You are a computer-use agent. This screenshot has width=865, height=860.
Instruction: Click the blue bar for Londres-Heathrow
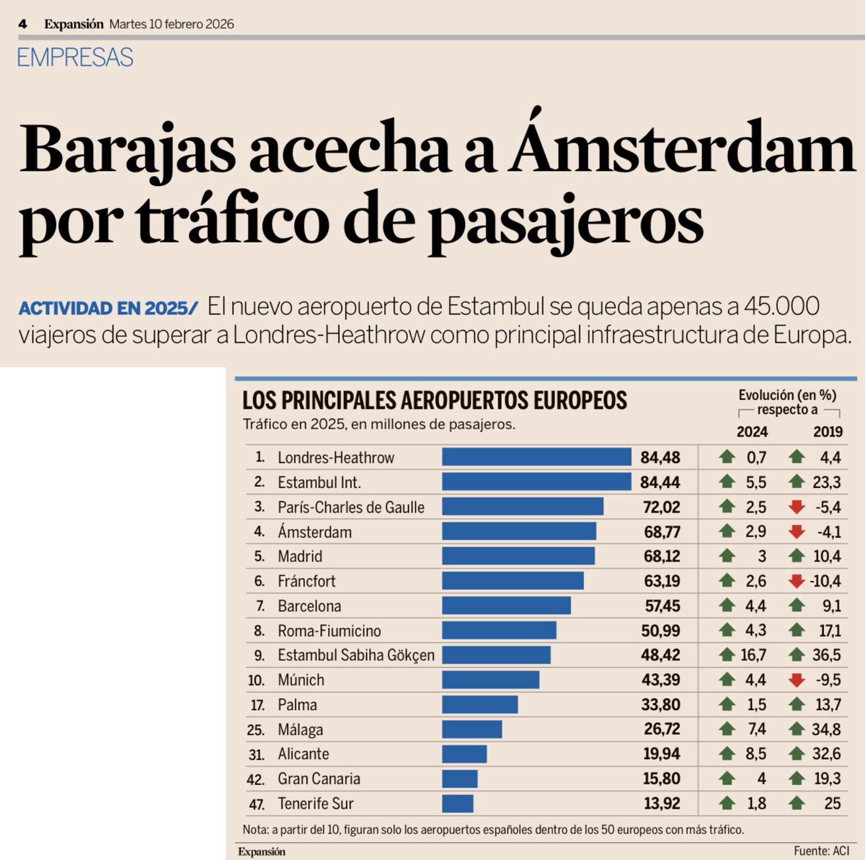(x=536, y=457)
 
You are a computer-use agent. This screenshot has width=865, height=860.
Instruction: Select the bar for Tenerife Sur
(x=458, y=803)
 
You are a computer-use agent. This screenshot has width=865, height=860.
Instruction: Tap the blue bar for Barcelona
(x=506, y=606)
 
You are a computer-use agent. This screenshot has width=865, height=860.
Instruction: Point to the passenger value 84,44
(x=660, y=482)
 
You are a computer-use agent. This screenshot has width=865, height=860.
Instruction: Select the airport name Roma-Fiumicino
(x=329, y=631)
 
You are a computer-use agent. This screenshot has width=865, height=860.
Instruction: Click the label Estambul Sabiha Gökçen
(x=356, y=655)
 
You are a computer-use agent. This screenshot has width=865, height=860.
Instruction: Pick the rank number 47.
(x=256, y=804)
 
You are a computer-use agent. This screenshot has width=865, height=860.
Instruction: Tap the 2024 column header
(x=752, y=432)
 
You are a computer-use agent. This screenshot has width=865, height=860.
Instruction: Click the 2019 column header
(x=828, y=432)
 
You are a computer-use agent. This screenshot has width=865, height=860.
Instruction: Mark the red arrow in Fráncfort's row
(x=797, y=581)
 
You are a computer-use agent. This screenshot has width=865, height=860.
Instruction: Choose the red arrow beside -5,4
(x=797, y=507)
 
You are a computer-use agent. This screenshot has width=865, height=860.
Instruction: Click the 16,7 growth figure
(x=753, y=655)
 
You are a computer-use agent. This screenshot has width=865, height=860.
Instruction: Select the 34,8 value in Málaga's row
(x=826, y=730)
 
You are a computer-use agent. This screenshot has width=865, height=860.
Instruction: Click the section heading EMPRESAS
(x=75, y=58)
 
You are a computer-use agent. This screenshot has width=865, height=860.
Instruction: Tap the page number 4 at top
(x=23, y=24)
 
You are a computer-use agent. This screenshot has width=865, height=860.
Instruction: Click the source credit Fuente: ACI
(x=821, y=851)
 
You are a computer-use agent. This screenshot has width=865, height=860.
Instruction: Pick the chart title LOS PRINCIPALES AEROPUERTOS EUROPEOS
(x=435, y=400)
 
